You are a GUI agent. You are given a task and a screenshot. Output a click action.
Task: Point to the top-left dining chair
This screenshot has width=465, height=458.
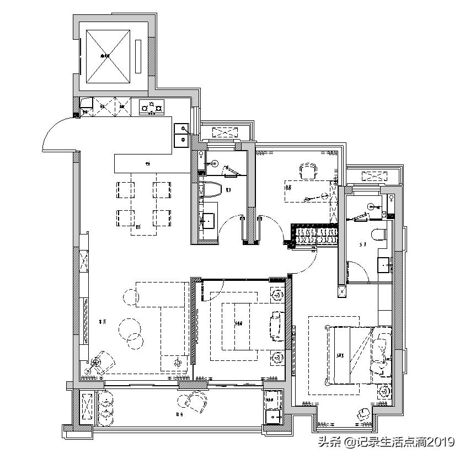(125, 189)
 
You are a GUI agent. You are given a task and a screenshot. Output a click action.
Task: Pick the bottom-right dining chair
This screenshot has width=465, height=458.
(162, 217)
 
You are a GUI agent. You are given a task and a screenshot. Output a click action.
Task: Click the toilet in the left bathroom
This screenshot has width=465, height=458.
(211, 189)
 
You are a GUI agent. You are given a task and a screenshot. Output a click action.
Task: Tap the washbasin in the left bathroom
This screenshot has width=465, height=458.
(209, 221)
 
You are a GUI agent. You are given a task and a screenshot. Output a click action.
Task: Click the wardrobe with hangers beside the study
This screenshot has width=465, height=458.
(313, 236)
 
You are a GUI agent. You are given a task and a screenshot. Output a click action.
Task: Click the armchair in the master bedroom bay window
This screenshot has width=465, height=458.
(363, 414)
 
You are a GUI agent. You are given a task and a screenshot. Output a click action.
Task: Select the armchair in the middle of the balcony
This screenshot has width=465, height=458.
(193, 403)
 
